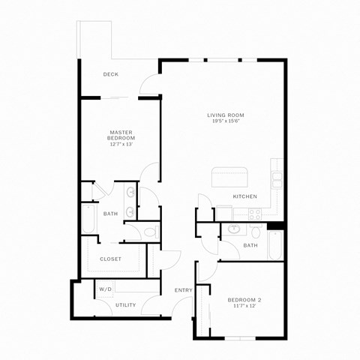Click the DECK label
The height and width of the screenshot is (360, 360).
(111, 74)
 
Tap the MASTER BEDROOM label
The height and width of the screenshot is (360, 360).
(121, 135)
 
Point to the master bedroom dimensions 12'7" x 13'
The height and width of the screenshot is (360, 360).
(121, 144)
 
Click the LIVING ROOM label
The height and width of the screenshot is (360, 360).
(226, 115)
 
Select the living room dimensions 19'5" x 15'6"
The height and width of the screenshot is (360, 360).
(226, 121)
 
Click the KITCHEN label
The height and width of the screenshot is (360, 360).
(244, 196)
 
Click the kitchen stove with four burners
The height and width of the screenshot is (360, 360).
(254, 212)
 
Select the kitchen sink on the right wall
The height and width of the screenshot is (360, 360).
(277, 180)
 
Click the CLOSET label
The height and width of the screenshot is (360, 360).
(110, 259)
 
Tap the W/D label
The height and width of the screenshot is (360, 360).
(105, 289)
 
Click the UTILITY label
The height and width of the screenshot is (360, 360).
(125, 304)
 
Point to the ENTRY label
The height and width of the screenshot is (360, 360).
(183, 290)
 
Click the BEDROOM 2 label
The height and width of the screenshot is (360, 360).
(244, 300)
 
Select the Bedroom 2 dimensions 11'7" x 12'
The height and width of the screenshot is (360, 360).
(244, 307)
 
